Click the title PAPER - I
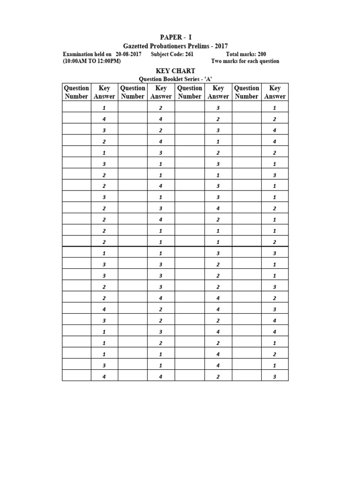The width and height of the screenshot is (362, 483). [175, 37]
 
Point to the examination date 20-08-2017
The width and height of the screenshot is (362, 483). [128, 54]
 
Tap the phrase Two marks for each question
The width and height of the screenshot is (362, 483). [245, 61]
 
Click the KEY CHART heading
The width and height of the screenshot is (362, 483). [175, 71]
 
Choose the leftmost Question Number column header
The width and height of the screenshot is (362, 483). [76, 92]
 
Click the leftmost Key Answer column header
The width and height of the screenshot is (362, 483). [104, 92]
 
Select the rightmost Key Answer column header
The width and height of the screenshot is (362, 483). [274, 92]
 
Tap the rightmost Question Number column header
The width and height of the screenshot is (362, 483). [247, 92]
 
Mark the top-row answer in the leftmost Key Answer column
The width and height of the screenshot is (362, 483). [104, 108]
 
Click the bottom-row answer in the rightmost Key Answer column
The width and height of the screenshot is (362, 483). [274, 376]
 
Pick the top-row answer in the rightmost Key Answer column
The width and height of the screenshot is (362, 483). [274, 108]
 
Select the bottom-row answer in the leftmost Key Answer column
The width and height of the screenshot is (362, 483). [104, 376]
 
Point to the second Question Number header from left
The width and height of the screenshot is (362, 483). [133, 92]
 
